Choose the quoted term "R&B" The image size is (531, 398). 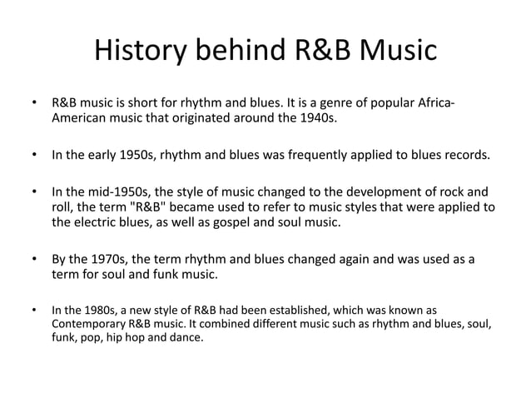(x=166, y=206)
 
